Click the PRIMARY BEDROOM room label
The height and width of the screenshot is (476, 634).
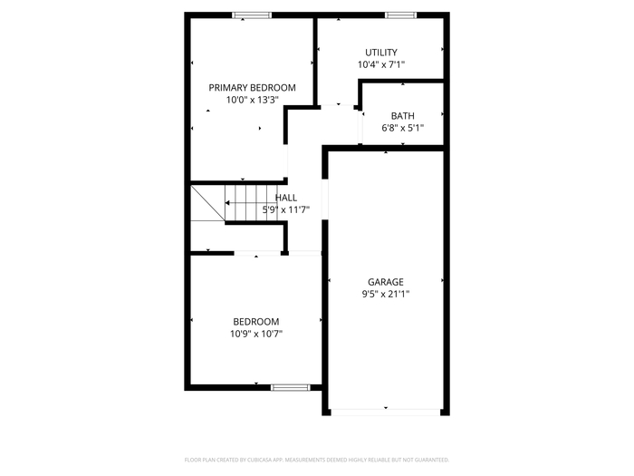click(x=252, y=87)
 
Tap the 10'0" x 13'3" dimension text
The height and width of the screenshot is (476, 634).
click(x=253, y=100)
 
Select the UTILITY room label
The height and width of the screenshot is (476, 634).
click(x=381, y=53)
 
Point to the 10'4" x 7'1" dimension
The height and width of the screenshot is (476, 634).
click(x=381, y=64)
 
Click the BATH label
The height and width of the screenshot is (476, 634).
click(x=403, y=116)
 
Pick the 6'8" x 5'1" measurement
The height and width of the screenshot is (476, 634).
click(x=403, y=128)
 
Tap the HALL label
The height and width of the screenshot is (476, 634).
click(x=286, y=198)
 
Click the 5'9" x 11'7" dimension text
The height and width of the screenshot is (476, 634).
click(x=286, y=209)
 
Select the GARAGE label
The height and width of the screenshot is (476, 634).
click(x=386, y=282)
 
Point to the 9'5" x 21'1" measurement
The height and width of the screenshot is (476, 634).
click(x=386, y=294)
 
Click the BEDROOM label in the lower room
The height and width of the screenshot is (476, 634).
click(x=256, y=321)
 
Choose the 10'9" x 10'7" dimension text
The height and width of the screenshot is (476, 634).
click(x=256, y=334)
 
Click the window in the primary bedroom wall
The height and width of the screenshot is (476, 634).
click(x=252, y=15)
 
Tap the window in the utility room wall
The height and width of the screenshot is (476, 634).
click(x=400, y=15)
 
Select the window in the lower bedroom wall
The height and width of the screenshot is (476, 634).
click(x=291, y=387)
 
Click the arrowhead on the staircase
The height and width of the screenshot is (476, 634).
click(x=227, y=203)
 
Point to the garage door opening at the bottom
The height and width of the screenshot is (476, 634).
click(x=386, y=412)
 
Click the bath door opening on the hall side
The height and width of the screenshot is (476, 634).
click(x=360, y=126)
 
